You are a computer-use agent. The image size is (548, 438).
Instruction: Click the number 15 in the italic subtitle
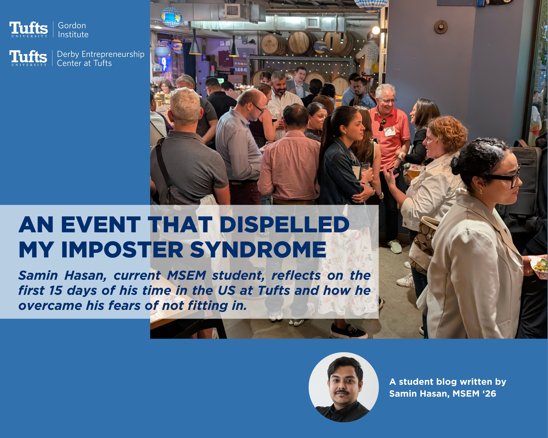pyautogui.click(x=56, y=290)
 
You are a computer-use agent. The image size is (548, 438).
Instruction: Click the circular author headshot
pyautogui.click(x=344, y=387)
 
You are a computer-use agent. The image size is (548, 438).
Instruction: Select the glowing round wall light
pyautogui.click(x=376, y=30)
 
